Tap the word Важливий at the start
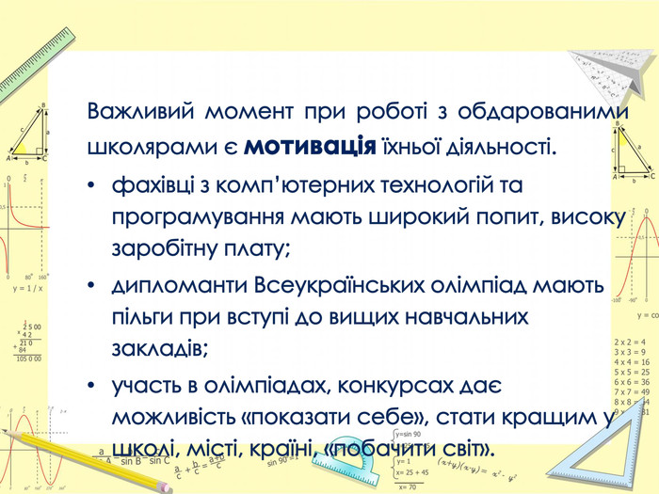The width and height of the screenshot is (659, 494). (137, 112)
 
